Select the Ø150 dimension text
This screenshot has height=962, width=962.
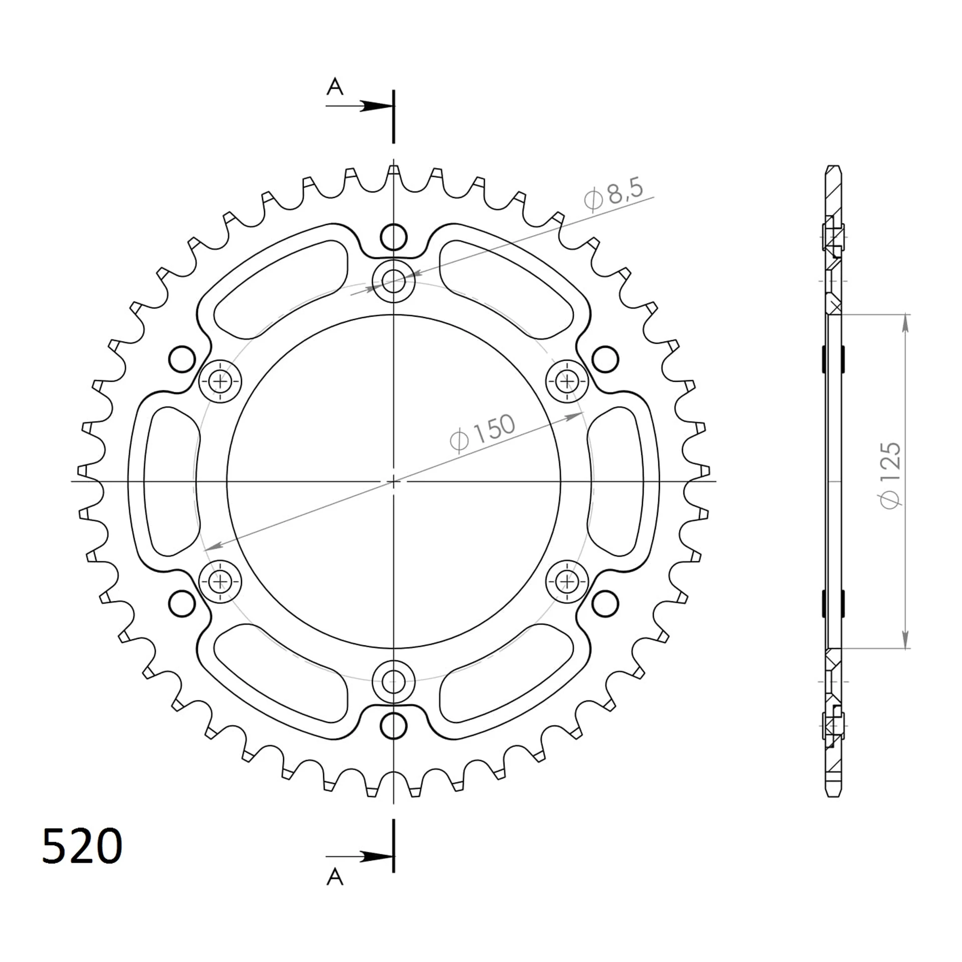click(x=483, y=431)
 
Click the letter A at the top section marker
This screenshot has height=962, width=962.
click(x=335, y=87)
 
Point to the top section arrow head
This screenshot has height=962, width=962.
click(x=376, y=106)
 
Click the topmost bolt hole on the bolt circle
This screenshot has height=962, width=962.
click(x=393, y=281)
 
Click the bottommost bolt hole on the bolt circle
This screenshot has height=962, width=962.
click(x=393, y=681)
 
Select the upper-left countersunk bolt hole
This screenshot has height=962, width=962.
click(x=220, y=382)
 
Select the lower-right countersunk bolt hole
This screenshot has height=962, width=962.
click(x=567, y=582)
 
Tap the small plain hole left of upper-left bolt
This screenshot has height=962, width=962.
click(x=182, y=359)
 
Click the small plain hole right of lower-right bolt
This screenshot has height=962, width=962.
click(x=605, y=604)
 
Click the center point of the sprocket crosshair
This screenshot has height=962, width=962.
click(x=393, y=481)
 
